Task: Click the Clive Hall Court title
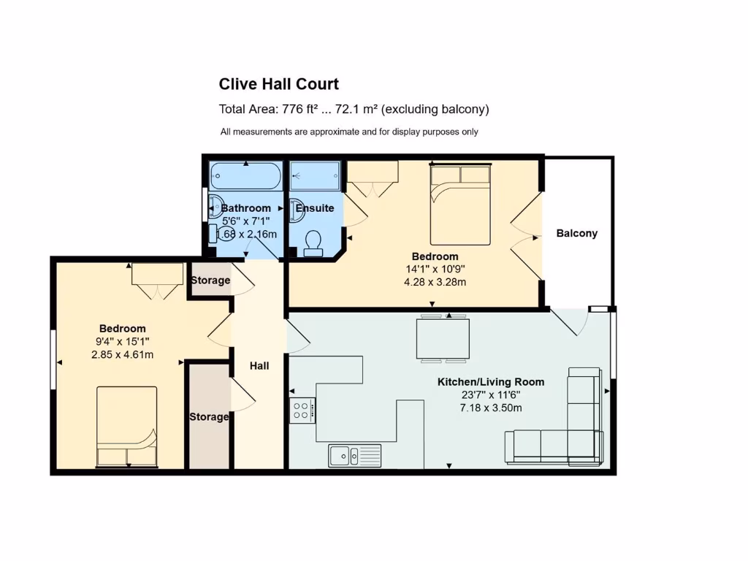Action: pyautogui.click(x=279, y=84)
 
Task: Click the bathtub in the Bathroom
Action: pyautogui.click(x=245, y=176)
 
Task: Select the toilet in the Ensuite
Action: pyautogui.click(x=313, y=243)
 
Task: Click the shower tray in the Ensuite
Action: pyautogui.click(x=315, y=175)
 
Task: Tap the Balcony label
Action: pyautogui.click(x=576, y=234)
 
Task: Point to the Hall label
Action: pyautogui.click(x=259, y=365)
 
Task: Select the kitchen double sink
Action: pyautogui.click(x=354, y=455)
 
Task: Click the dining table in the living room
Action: pyautogui.click(x=443, y=338)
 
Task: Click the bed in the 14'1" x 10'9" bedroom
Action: pyautogui.click(x=460, y=205)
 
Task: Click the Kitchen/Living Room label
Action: pyautogui.click(x=491, y=382)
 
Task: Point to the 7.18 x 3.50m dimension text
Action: pyautogui.click(x=491, y=408)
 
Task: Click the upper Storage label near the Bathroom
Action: pyautogui.click(x=210, y=280)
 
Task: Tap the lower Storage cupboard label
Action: pyautogui.click(x=209, y=417)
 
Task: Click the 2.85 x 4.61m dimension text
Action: pyautogui.click(x=123, y=355)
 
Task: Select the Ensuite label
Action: pyautogui.click(x=315, y=208)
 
